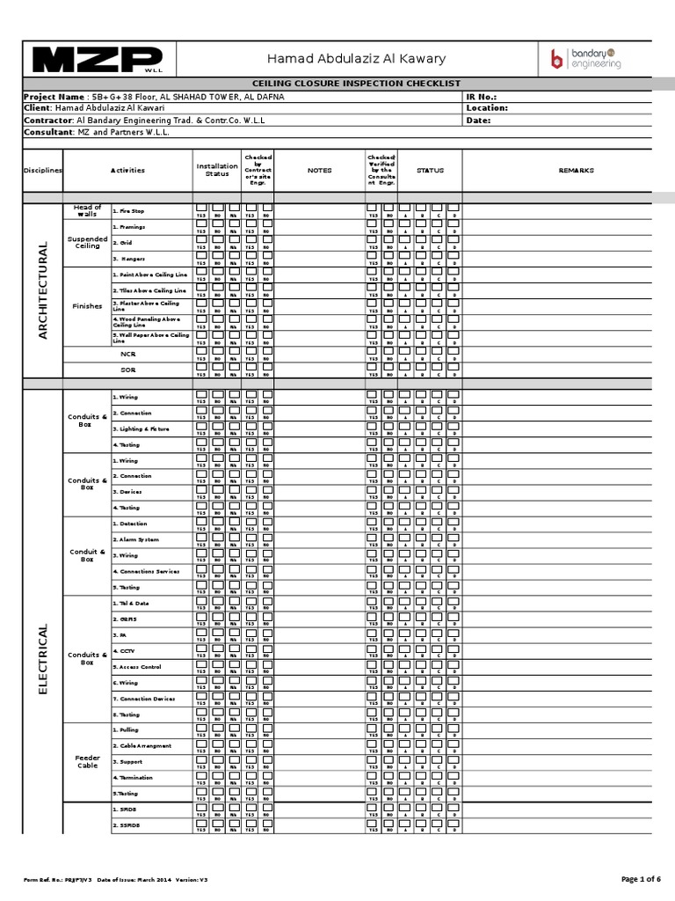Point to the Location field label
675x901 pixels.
coord(488,108)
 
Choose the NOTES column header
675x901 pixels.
coord(319,171)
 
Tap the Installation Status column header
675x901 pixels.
coord(216,170)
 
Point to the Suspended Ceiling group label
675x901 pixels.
coord(87,243)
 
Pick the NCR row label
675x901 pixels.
coord(128,355)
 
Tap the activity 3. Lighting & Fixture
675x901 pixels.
coord(141,429)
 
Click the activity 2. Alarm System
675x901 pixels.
coord(136,539)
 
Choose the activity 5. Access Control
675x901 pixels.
coord(137,666)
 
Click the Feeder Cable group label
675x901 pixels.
coord(87,761)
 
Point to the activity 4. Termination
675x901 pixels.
coord(133,778)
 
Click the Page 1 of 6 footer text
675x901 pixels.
coord(641,879)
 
